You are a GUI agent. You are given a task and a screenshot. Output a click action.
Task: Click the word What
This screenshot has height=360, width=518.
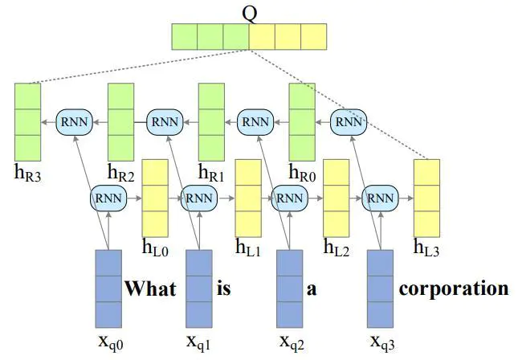tap(149, 288)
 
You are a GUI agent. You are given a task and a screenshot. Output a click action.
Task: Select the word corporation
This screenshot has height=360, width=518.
tap(454, 288)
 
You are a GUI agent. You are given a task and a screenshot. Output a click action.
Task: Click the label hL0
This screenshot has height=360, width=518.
tap(155, 247)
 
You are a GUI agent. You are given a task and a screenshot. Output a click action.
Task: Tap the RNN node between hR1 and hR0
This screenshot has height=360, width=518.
tap(256, 121)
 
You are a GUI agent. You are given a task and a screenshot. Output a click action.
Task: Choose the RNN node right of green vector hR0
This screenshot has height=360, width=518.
tap(348, 121)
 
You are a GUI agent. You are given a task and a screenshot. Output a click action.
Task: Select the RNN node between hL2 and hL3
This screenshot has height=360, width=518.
tap(381, 197)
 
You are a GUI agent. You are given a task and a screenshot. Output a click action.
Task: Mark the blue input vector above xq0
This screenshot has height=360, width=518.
tap(108, 287)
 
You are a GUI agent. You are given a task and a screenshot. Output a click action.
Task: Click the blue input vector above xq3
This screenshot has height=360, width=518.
tap(381, 287)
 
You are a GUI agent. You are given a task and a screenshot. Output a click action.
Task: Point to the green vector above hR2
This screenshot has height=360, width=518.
tap(120, 121)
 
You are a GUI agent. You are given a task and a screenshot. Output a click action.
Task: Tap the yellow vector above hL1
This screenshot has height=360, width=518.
tap(247, 197)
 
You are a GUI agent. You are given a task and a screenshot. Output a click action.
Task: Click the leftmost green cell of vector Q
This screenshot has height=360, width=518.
tap(184, 36)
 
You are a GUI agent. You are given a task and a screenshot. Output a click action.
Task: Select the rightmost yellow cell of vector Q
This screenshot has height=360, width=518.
tap(314, 36)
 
